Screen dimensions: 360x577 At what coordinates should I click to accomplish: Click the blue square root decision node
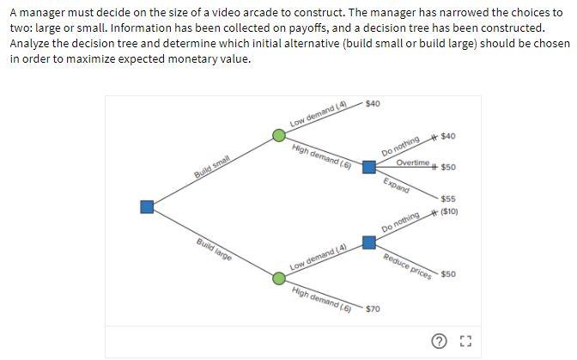click(148, 206)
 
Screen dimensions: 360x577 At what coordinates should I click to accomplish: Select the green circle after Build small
click(279, 135)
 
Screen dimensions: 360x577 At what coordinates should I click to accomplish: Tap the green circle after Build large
click(279, 278)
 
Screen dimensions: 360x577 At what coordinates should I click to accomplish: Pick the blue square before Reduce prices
click(368, 242)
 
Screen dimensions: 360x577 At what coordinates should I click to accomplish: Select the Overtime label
click(413, 163)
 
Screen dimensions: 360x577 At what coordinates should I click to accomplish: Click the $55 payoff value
click(447, 199)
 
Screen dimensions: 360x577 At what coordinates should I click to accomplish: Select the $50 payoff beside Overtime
click(448, 168)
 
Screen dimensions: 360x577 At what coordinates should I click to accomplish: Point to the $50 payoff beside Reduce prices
click(448, 274)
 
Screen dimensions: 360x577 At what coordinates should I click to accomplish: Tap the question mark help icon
click(440, 342)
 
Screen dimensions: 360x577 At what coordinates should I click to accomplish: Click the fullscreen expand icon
click(465, 342)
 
